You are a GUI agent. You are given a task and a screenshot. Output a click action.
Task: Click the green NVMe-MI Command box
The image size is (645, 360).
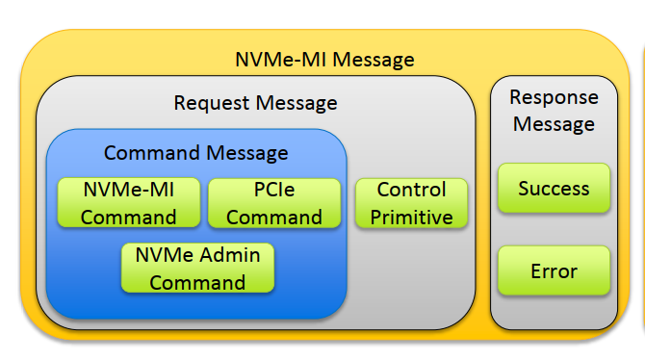[128, 203]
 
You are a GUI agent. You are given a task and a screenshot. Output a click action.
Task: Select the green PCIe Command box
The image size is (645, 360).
[274, 203]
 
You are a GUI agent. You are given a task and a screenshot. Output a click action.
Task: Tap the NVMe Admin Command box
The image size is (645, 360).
[197, 268]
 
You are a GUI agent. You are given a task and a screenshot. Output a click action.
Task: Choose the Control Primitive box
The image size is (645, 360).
[411, 203]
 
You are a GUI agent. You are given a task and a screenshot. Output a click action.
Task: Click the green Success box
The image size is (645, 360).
[554, 188]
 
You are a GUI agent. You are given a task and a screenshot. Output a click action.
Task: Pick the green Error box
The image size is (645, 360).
[554, 270]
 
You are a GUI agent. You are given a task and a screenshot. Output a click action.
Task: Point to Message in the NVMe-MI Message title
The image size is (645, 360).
[370, 60]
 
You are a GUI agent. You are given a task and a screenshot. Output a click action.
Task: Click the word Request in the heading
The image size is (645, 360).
[210, 102]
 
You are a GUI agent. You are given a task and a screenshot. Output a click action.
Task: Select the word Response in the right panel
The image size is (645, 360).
[554, 97]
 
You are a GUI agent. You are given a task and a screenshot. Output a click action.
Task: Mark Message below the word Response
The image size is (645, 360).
[554, 124]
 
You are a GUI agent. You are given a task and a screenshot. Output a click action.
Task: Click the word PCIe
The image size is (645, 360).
[274, 191]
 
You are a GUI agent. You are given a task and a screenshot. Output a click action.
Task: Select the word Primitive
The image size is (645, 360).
[411, 218]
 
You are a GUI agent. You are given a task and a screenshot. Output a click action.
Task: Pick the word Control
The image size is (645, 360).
[411, 191]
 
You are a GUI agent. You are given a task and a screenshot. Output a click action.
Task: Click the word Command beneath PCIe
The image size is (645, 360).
[274, 218]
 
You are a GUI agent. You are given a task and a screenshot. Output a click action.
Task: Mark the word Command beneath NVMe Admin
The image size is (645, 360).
[197, 282]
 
